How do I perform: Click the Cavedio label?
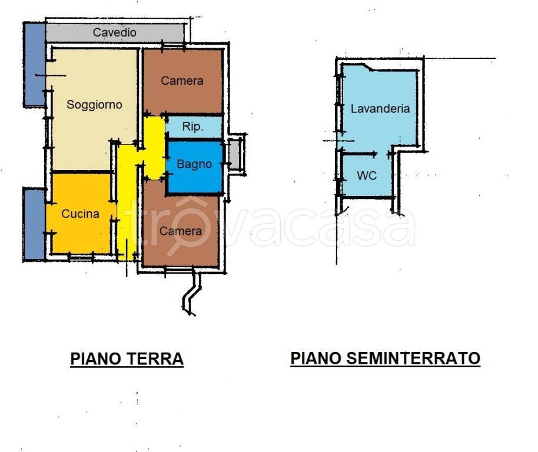click(115, 32)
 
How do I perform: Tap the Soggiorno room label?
click(94, 105)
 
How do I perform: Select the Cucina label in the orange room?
click(80, 214)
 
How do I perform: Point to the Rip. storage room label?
click(193, 127)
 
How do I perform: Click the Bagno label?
click(194, 164)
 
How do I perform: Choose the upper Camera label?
click(182, 81)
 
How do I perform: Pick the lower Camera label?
click(181, 231)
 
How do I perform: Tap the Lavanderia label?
click(380, 109)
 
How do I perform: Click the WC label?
click(367, 175)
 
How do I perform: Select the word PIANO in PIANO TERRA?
click(96, 359)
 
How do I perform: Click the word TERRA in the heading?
click(155, 359)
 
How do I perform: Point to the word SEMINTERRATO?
click(413, 358)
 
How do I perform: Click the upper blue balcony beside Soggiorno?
click(34, 65)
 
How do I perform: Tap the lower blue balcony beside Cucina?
click(34, 224)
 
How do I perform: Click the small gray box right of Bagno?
click(234, 155)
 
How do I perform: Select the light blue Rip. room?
click(194, 127)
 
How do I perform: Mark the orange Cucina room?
click(81, 213)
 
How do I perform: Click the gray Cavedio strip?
click(115, 32)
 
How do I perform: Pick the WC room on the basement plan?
click(367, 175)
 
